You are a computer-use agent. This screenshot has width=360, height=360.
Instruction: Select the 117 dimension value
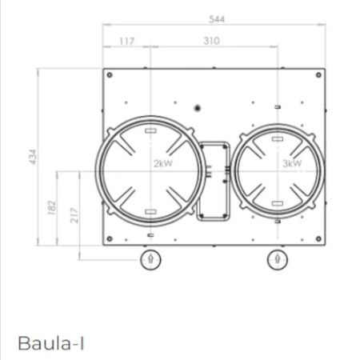126,41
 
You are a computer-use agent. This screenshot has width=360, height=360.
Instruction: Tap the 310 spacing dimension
211,41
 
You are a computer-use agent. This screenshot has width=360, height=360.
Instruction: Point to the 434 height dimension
33,157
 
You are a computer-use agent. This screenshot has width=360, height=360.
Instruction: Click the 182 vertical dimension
52,207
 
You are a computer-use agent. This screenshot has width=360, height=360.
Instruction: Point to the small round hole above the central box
198,107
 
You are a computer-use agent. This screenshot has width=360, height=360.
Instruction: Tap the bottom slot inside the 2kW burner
150,212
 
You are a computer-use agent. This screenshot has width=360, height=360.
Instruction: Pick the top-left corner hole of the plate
109,76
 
